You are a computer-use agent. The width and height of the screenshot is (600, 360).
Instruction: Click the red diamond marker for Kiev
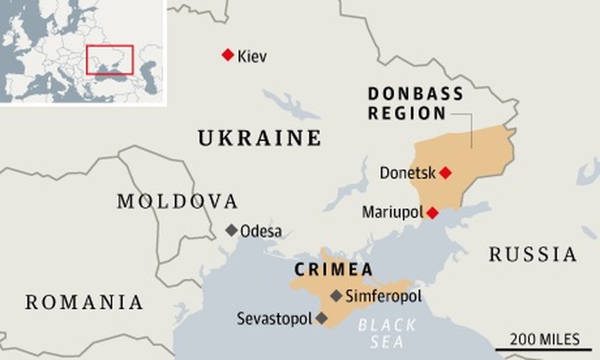227,55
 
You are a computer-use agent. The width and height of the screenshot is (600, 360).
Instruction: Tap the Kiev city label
252,57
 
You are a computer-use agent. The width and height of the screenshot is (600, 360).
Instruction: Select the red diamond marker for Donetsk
445,173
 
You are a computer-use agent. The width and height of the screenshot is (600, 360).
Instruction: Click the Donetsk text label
407,173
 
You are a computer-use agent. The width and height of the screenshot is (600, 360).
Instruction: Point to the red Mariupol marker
433,212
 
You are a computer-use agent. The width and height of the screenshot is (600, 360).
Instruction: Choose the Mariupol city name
392,212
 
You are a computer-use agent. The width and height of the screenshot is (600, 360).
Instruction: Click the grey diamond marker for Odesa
231,230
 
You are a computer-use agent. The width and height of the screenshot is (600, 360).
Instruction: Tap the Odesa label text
260,231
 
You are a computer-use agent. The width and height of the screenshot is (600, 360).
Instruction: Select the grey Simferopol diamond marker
337,295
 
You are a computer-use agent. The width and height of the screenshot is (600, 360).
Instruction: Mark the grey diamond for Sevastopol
322,318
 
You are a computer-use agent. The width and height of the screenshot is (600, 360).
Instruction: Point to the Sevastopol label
274,318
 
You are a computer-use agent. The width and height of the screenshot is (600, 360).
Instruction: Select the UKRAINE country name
259,139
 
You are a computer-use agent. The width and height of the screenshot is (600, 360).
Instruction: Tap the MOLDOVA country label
178,202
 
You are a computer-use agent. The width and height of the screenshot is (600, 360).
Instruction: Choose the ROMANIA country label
84,302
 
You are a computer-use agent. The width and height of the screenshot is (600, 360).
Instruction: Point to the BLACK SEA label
386,334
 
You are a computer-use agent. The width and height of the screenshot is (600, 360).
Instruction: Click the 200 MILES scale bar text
545,339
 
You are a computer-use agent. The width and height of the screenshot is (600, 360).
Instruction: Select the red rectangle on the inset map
109,59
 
